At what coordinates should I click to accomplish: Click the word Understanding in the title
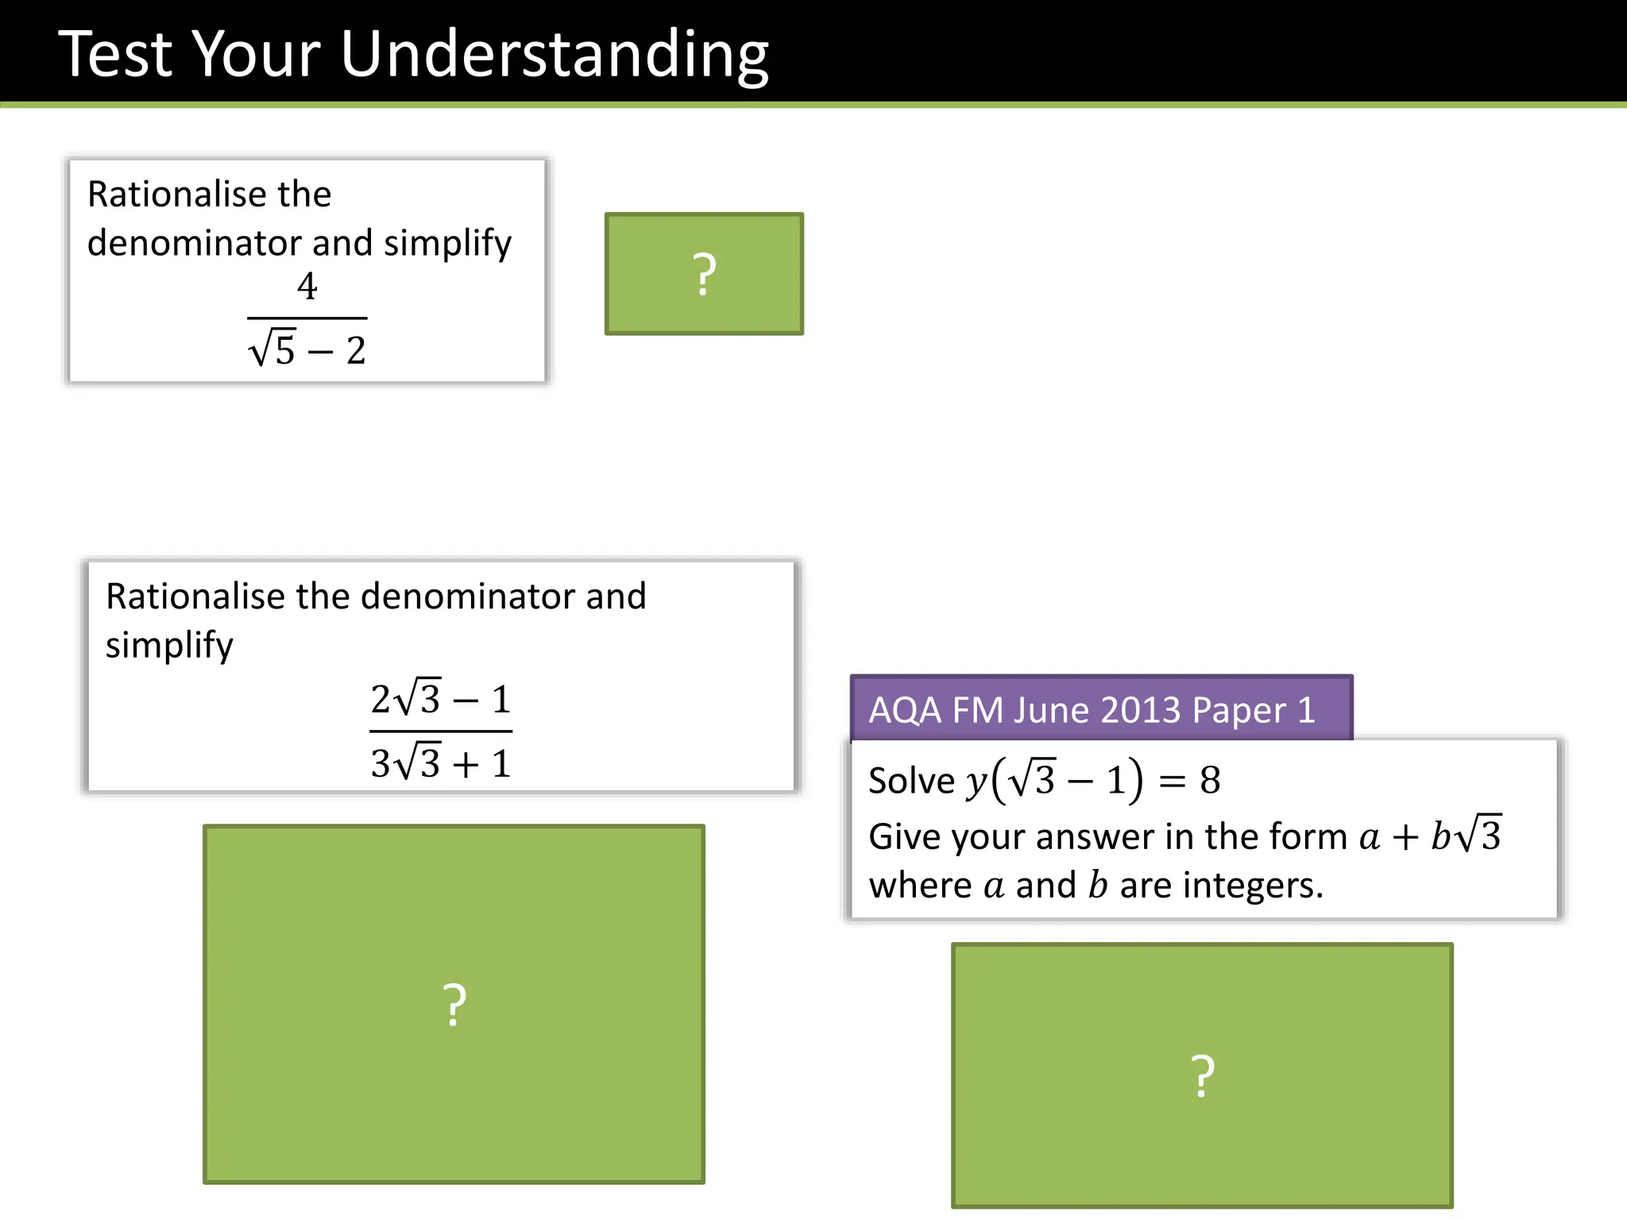(x=554, y=56)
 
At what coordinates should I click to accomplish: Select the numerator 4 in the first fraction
(x=307, y=286)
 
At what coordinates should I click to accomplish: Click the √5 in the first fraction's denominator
(x=272, y=349)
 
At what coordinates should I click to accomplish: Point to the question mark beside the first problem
(x=704, y=275)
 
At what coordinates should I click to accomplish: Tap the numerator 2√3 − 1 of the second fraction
(x=440, y=699)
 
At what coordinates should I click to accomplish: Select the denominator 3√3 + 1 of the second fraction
(x=440, y=763)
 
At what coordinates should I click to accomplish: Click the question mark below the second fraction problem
(x=454, y=1006)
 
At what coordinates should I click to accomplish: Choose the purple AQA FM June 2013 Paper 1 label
(x=1101, y=708)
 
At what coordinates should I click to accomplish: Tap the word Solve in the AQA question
(x=911, y=781)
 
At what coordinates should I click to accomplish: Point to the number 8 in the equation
(x=1210, y=780)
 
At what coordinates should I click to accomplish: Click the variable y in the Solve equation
(x=976, y=782)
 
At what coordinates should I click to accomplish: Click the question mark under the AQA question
(x=1203, y=1077)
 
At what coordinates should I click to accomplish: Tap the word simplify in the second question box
(x=169, y=645)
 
